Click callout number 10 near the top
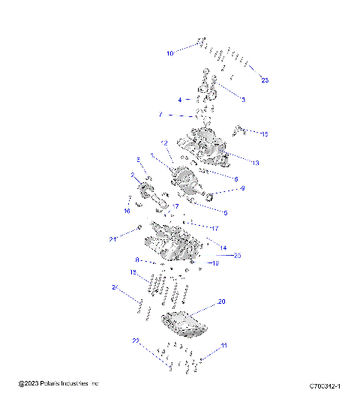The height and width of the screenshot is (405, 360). pyautogui.click(x=169, y=53)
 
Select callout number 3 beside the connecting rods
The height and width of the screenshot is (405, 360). pyautogui.click(x=243, y=99)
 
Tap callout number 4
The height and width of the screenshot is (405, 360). pyautogui.click(x=179, y=100)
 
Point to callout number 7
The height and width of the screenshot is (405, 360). pyautogui.click(x=160, y=115)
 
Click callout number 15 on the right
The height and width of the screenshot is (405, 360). pyautogui.click(x=264, y=133)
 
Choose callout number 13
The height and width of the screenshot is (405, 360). pyautogui.click(x=255, y=163)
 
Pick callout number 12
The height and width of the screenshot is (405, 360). pyautogui.click(x=164, y=142)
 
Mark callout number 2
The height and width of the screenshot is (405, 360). pyautogui.click(x=133, y=175)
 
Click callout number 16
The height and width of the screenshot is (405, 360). pyautogui.click(x=127, y=211)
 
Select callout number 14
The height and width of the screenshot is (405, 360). pyautogui.click(x=223, y=247)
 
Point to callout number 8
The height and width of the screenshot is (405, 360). pyautogui.click(x=136, y=260)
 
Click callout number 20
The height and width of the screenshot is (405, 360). pyautogui.click(x=221, y=301)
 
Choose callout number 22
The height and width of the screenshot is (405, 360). pyautogui.click(x=136, y=340)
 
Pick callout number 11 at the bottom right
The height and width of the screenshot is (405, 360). pyautogui.click(x=223, y=346)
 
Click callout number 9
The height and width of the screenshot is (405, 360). pyautogui.click(x=242, y=188)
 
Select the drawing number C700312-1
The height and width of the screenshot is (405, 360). pyautogui.click(x=325, y=386)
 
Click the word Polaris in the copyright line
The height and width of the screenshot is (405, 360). pyautogui.click(x=55, y=384)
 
